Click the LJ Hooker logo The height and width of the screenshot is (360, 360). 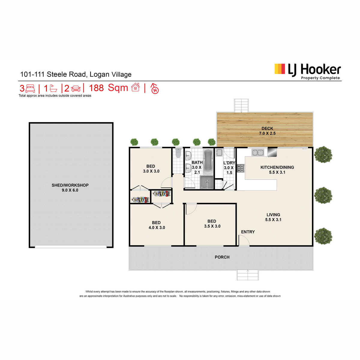tap(307, 71)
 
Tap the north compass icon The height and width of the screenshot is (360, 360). tap(155, 88)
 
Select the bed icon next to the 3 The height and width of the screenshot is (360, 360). tap(30, 88)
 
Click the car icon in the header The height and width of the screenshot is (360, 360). tap(76, 88)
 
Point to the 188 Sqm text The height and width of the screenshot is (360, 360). tap(108, 88)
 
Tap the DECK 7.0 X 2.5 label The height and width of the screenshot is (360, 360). tap(267, 131)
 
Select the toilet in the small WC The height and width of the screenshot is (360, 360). tap(178, 153)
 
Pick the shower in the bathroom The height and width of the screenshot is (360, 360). tap(207, 182)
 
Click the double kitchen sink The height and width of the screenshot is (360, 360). tap(258, 152)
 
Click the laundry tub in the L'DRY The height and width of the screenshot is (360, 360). tap(219, 152)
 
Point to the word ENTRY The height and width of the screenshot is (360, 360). tap(248, 232)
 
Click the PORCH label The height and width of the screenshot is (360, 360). tap(222, 257)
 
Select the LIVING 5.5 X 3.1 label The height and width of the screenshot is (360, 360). tap(273, 217)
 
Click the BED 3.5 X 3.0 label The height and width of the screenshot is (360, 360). tap(212, 223)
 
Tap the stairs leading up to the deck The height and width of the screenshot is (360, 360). tap(241, 106)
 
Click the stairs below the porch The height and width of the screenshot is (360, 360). tap(248, 275)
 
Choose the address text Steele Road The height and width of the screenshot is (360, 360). tap(67, 74)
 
